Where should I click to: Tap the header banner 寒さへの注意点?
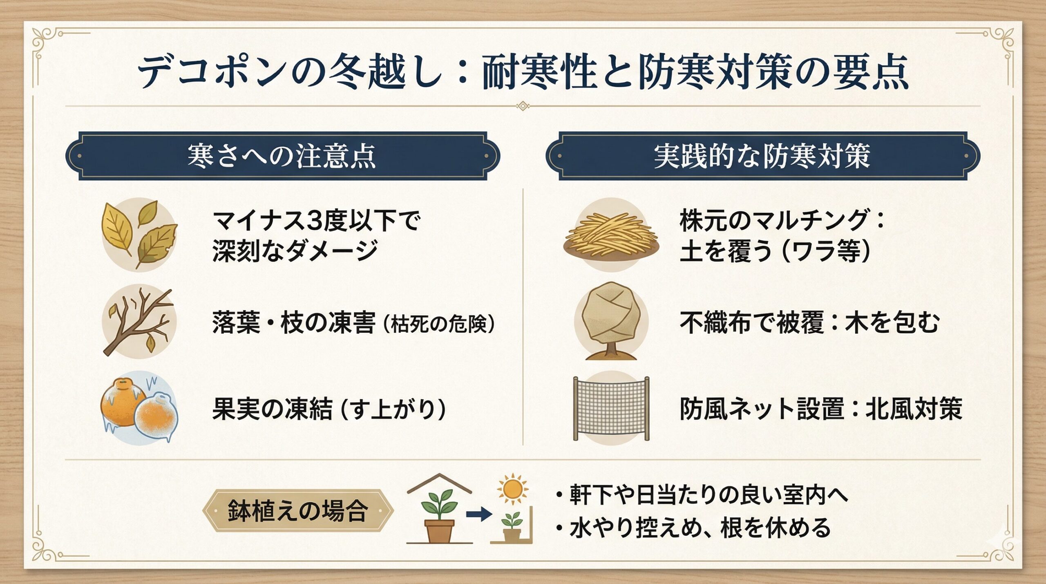coord(282,156)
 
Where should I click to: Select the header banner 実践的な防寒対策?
coord(762,156)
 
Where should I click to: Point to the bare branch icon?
coord(139,321)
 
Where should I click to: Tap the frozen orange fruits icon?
coord(139,408)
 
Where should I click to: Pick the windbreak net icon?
coord(611,408)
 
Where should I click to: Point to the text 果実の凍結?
coord(272,409)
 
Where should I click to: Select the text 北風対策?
coord(914,409)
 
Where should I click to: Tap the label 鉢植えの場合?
coord(297,511)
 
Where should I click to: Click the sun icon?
coord(512,489)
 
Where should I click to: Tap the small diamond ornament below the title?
coord(523,106)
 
